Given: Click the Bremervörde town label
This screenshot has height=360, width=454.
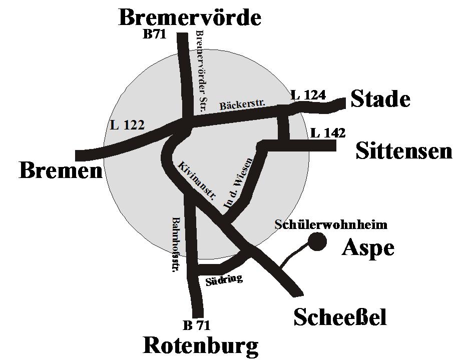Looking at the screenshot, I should pos(190,17).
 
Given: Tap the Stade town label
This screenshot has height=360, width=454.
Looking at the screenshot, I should pos(380,99).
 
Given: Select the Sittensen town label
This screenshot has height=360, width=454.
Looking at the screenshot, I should pos(403,150).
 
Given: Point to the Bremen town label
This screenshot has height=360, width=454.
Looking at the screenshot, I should pos(60,171).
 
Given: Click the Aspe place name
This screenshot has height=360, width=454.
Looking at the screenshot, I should pos(368,248).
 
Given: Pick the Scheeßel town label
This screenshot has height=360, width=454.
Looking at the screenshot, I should pos(340,317).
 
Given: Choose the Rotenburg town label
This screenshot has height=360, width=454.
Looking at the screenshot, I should pos(201,345).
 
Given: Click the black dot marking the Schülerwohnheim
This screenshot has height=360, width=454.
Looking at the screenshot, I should pos(317,242).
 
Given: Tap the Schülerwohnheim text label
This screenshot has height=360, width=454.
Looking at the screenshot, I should pos(331,224).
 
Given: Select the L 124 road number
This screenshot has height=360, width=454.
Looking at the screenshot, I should pos(308,94).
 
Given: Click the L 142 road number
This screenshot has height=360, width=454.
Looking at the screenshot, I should pos(328,133).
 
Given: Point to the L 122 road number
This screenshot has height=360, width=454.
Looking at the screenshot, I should pos(127,125).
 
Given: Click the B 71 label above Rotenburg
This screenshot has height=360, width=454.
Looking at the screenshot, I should pos(196,325).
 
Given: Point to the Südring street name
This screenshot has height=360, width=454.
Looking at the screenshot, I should pos(224,280).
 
